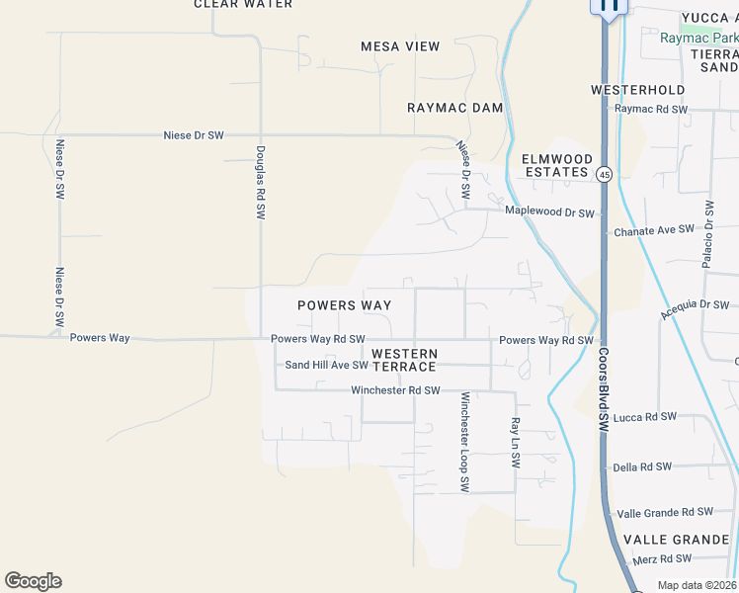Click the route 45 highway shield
coord(605,174)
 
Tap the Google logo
coord(33,581)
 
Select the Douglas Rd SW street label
coord(261,182)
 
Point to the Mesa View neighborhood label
coord(400,46)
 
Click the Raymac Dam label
coord(455,108)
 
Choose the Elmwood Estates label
coord(556,165)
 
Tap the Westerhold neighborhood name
coord(637,90)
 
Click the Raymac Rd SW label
coord(650,109)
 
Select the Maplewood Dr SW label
coord(550,212)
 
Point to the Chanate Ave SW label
coord(654,230)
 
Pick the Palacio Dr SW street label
coord(708,234)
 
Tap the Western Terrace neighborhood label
coord(405,360)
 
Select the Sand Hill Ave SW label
coord(326,366)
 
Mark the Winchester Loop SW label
coord(464,442)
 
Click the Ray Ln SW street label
coord(515,442)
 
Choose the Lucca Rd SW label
coord(645,417)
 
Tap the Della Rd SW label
coord(642,466)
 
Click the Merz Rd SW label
coord(659,559)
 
